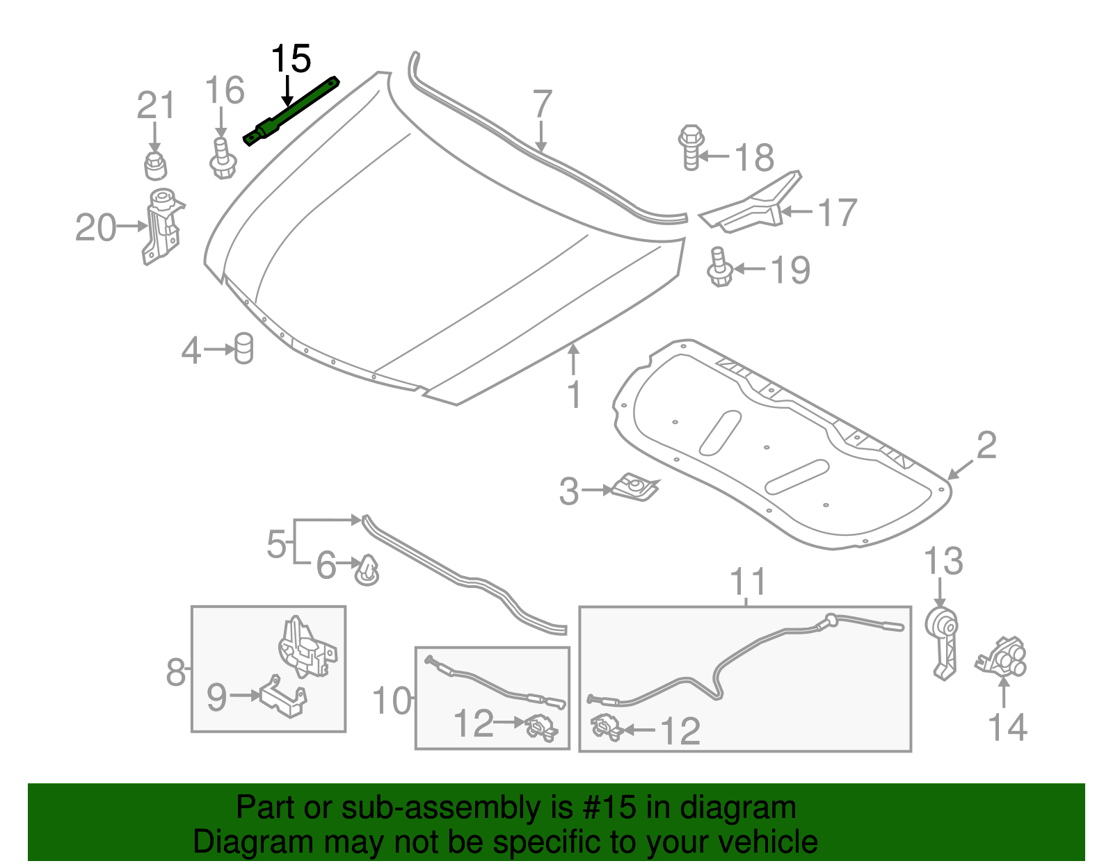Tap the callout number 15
pyautogui.click(x=291, y=59)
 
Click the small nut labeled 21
pyautogui.click(x=155, y=165)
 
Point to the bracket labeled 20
pyautogui.click(x=162, y=226)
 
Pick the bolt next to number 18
pyautogui.click(x=691, y=147)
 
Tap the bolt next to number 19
pyautogui.click(x=720, y=268)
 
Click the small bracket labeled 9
pyautogui.click(x=283, y=697)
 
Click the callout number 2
pyautogui.click(x=986, y=445)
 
